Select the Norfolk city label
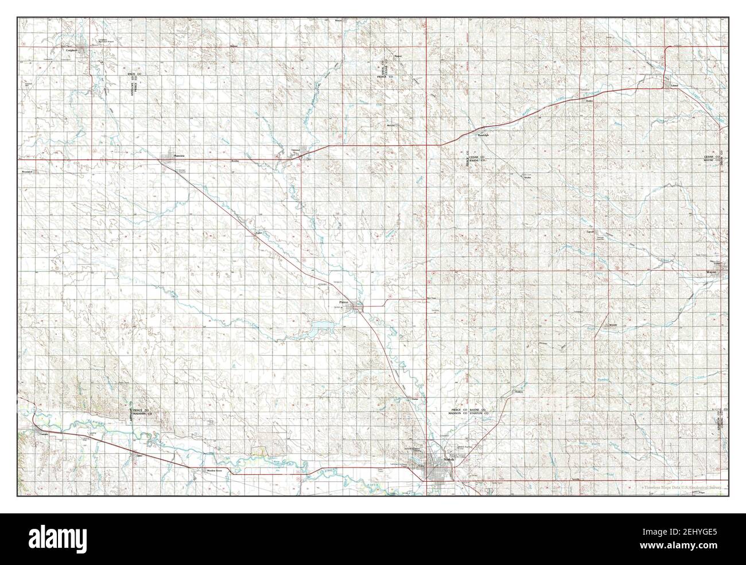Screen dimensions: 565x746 449,459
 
